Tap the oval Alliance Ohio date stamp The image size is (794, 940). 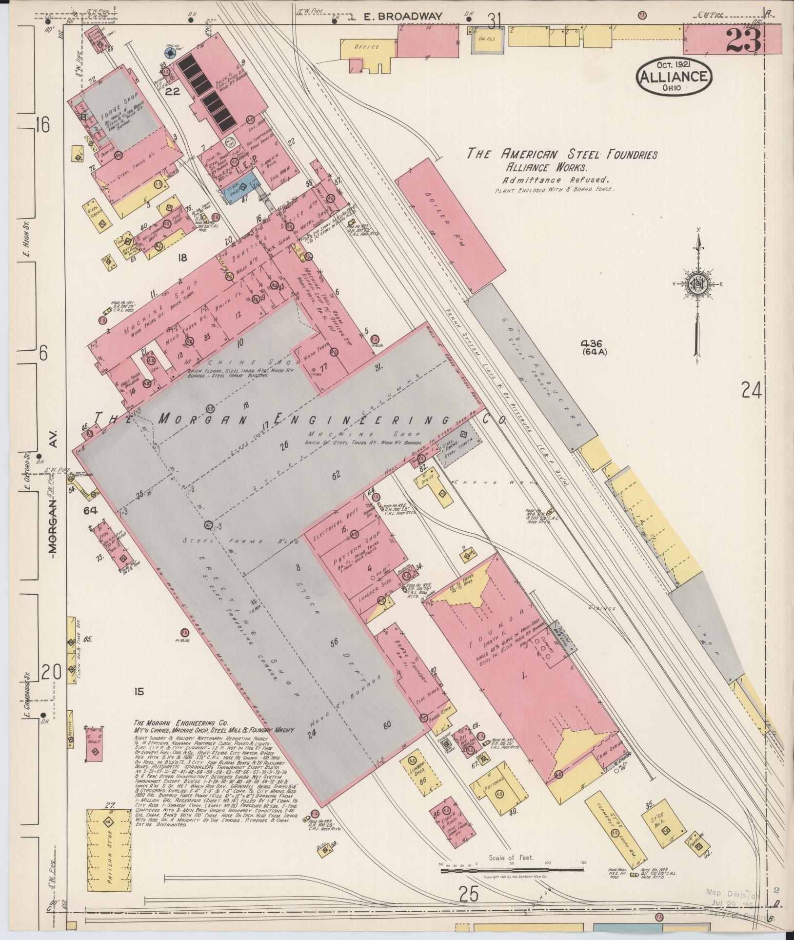674,77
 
